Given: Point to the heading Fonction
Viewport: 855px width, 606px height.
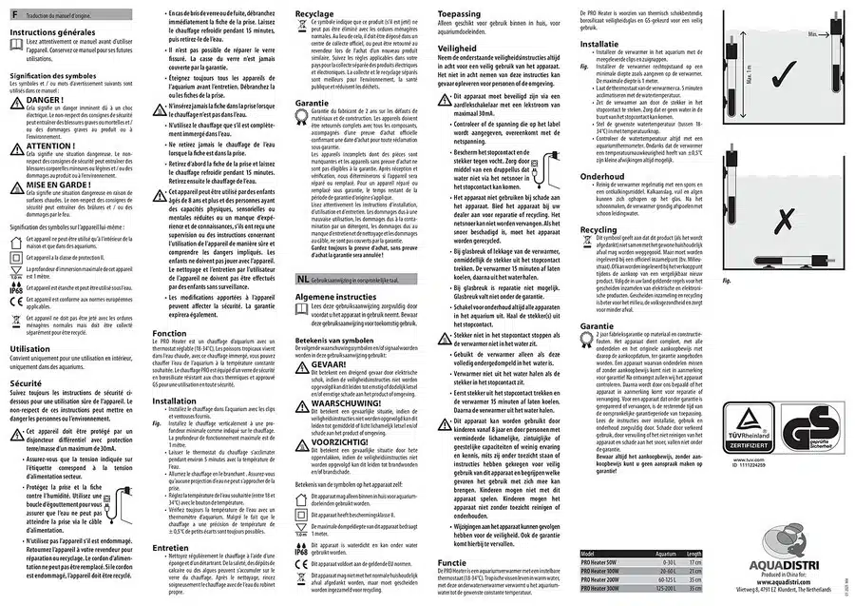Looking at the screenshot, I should coord(170,334).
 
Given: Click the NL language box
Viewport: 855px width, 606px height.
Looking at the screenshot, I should coord(301,279).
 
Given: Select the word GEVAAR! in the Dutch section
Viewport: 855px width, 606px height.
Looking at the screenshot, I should coord(330,362).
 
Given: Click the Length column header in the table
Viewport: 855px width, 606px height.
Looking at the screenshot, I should coord(693,553).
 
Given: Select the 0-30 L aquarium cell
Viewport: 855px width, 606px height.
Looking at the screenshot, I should coord(667,561).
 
